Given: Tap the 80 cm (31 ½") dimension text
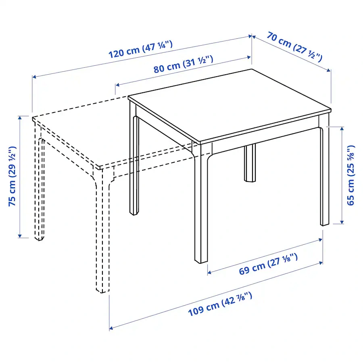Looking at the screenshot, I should pos(183,65).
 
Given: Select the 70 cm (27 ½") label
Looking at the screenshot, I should pos(294,48).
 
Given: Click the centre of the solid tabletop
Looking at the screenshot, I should pos(230,105).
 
